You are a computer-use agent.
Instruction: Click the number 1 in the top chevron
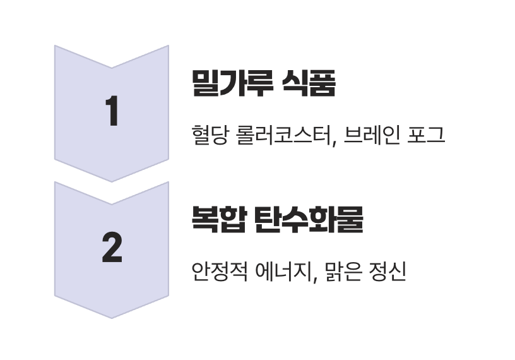coord(112,112)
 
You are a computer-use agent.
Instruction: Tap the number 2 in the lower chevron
coord(112,248)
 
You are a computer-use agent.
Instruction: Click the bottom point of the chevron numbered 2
coord(112,317)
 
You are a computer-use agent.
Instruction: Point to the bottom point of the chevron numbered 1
coord(112,181)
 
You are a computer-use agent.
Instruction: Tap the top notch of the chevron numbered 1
coord(112,67)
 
